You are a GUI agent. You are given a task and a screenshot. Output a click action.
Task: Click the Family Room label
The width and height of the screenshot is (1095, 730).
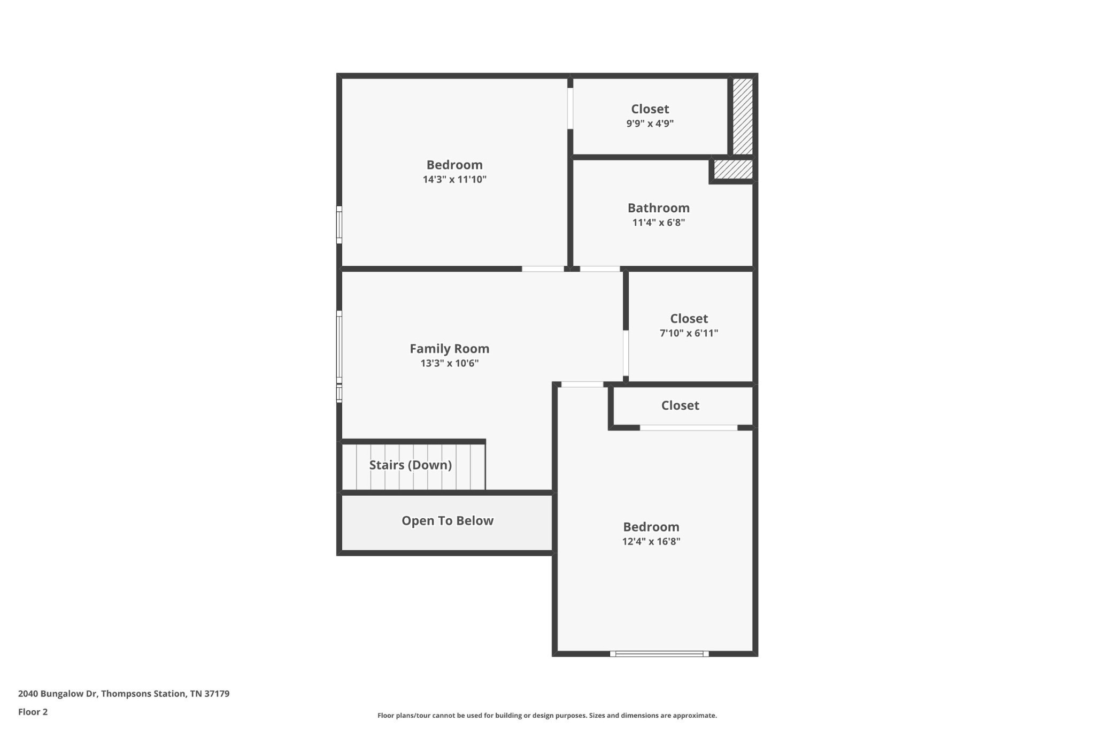pyautogui.click(x=449, y=349)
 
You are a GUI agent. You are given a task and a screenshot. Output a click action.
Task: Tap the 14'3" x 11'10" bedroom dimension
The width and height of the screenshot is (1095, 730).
pyautogui.click(x=454, y=179)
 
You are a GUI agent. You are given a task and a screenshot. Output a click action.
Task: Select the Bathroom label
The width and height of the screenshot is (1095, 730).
pyautogui.click(x=658, y=208)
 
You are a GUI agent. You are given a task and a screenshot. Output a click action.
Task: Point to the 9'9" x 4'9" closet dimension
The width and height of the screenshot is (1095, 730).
pyautogui.click(x=650, y=124)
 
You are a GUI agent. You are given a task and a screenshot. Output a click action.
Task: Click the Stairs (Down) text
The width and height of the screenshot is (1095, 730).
pyautogui.click(x=411, y=465)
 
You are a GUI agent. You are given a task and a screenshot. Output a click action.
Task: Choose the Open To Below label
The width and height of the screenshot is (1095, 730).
pyautogui.click(x=448, y=521)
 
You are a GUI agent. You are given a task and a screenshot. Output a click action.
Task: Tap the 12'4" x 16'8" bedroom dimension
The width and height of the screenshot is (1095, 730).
pyautogui.click(x=651, y=541)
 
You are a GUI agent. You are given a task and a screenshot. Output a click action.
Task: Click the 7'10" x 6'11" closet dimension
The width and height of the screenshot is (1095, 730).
pyautogui.click(x=689, y=333)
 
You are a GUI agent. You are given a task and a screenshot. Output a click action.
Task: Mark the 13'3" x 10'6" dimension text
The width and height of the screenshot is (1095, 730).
pyautogui.click(x=449, y=364)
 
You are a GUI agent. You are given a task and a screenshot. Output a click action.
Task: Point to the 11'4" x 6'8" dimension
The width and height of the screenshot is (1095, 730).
pyautogui.click(x=658, y=222)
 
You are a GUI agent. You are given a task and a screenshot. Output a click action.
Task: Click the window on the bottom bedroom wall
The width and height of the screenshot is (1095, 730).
pyautogui.click(x=659, y=654)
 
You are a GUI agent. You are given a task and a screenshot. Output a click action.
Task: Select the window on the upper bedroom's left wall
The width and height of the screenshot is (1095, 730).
pyautogui.click(x=339, y=225)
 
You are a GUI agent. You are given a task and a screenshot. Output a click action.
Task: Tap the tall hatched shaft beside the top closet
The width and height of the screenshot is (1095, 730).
pyautogui.click(x=743, y=117)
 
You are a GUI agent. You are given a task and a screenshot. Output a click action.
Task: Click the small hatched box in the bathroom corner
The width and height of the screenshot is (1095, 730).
pyautogui.click(x=734, y=170)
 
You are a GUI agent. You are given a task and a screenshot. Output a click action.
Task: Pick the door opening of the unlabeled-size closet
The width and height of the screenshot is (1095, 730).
pyautogui.click(x=689, y=427)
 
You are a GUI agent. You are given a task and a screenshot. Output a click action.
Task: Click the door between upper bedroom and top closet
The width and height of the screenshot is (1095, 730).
pyautogui.click(x=570, y=109)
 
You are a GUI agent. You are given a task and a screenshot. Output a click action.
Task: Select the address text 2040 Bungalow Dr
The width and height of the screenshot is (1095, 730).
pyautogui.click(x=58, y=694)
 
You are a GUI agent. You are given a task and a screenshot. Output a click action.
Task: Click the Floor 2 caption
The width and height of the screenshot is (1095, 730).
pyautogui.click(x=33, y=712)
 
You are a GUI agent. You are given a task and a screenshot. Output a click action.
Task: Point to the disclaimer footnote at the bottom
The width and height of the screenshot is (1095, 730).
pyautogui.click(x=547, y=716)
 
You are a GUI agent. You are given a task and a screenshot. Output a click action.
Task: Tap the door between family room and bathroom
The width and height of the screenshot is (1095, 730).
pyautogui.click(x=600, y=268)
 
